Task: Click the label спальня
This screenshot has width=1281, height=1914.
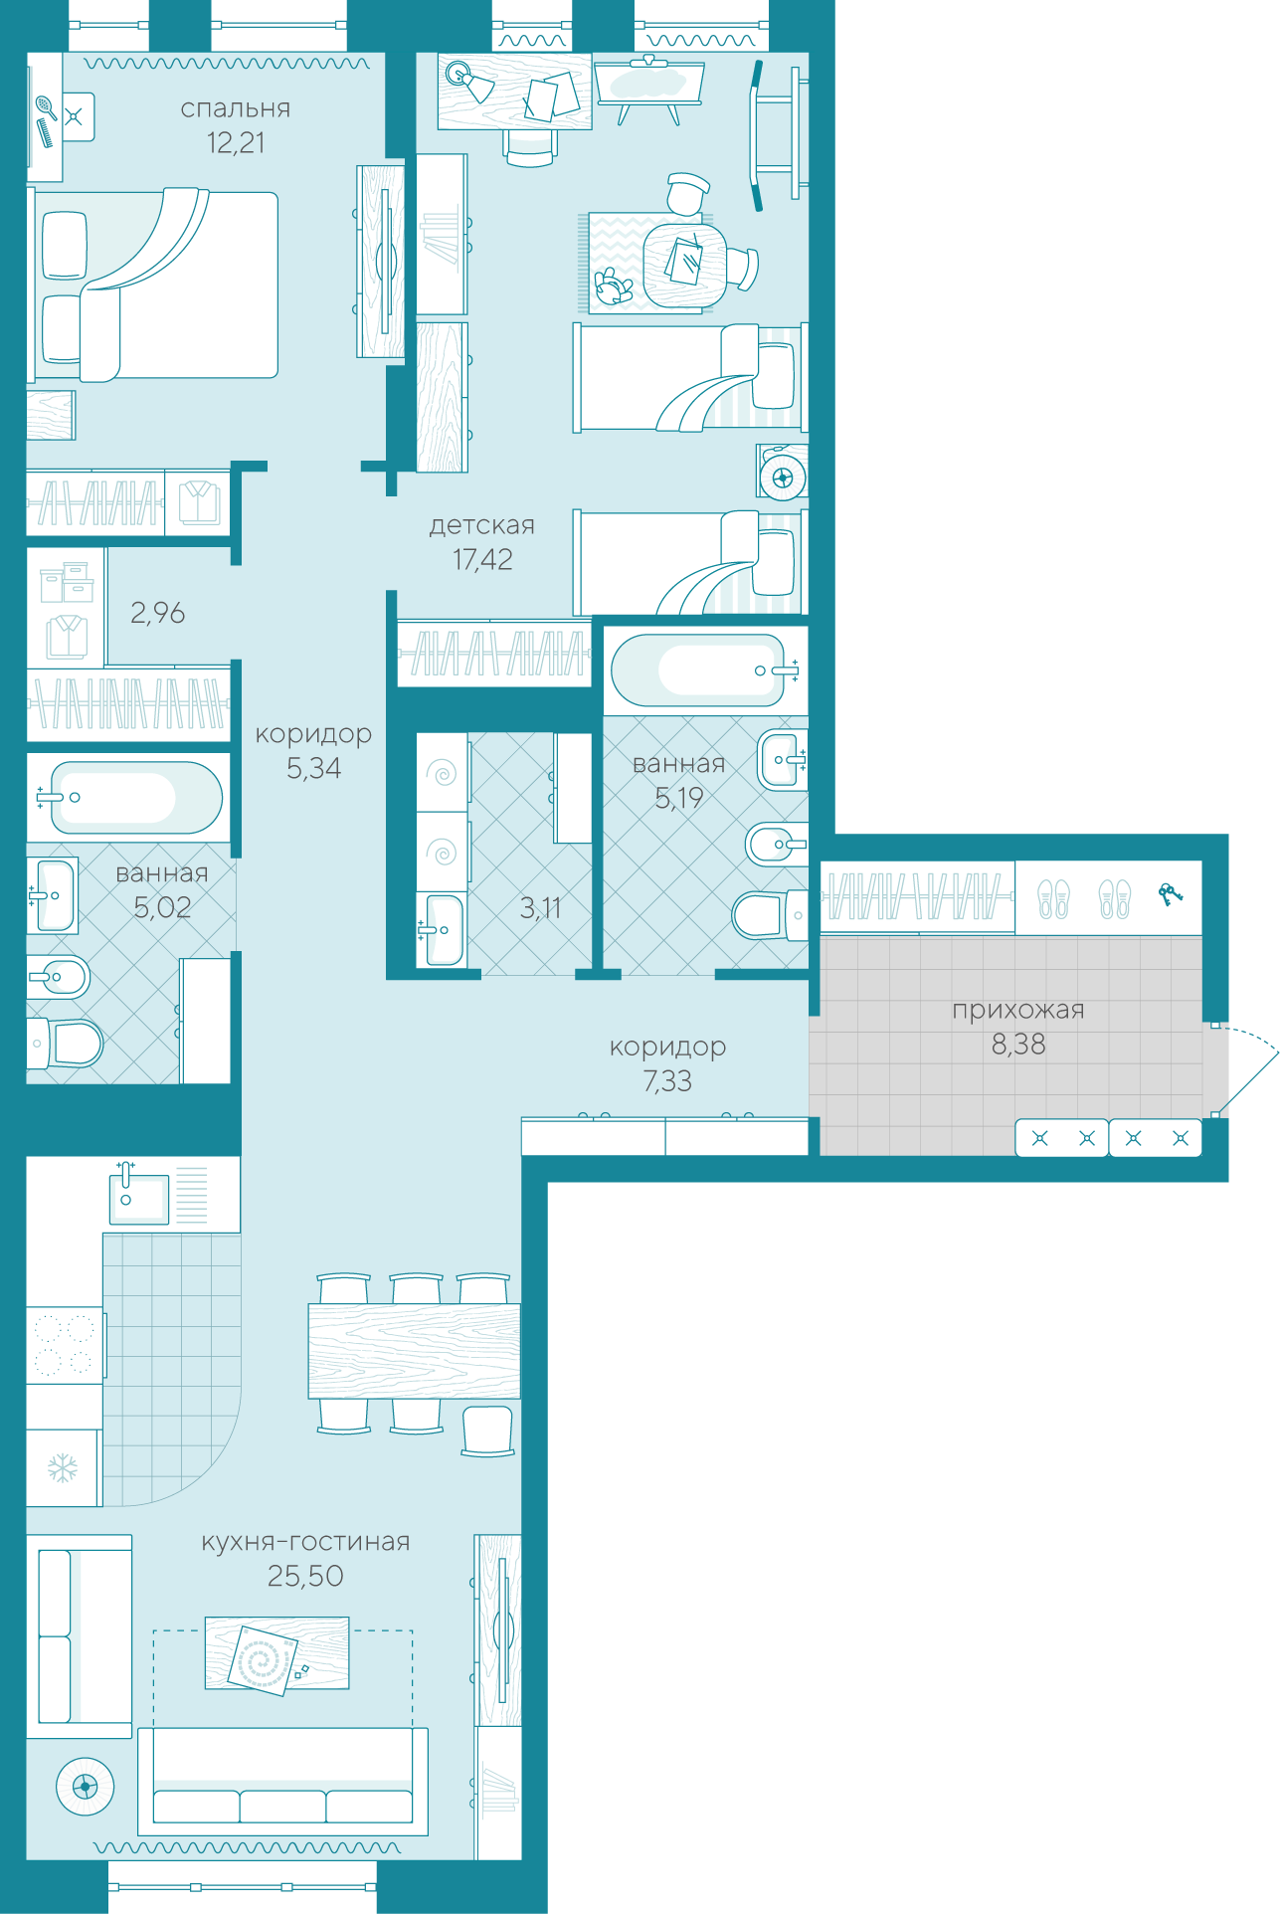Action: coord(236,109)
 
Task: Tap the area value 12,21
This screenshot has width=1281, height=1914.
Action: coord(236,143)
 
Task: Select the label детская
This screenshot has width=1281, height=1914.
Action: coord(482,526)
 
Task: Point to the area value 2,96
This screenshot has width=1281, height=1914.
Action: coord(157,613)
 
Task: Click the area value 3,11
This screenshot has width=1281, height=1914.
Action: coord(540,908)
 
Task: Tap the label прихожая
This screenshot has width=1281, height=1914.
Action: coord(1018,1011)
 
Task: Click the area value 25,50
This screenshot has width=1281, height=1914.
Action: coord(305,1576)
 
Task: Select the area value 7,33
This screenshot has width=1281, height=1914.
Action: coord(667,1081)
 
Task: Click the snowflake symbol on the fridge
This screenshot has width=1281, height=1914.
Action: coord(63,1467)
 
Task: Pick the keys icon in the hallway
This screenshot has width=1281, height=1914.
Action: coord(1171,894)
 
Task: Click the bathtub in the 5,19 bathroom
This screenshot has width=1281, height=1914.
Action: coord(705,670)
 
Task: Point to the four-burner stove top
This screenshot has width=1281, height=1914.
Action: coord(64,1345)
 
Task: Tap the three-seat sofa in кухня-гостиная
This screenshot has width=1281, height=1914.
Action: coord(282,1782)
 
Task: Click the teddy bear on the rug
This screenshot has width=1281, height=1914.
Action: coord(614,287)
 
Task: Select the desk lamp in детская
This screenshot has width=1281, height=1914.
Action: coord(468,81)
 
